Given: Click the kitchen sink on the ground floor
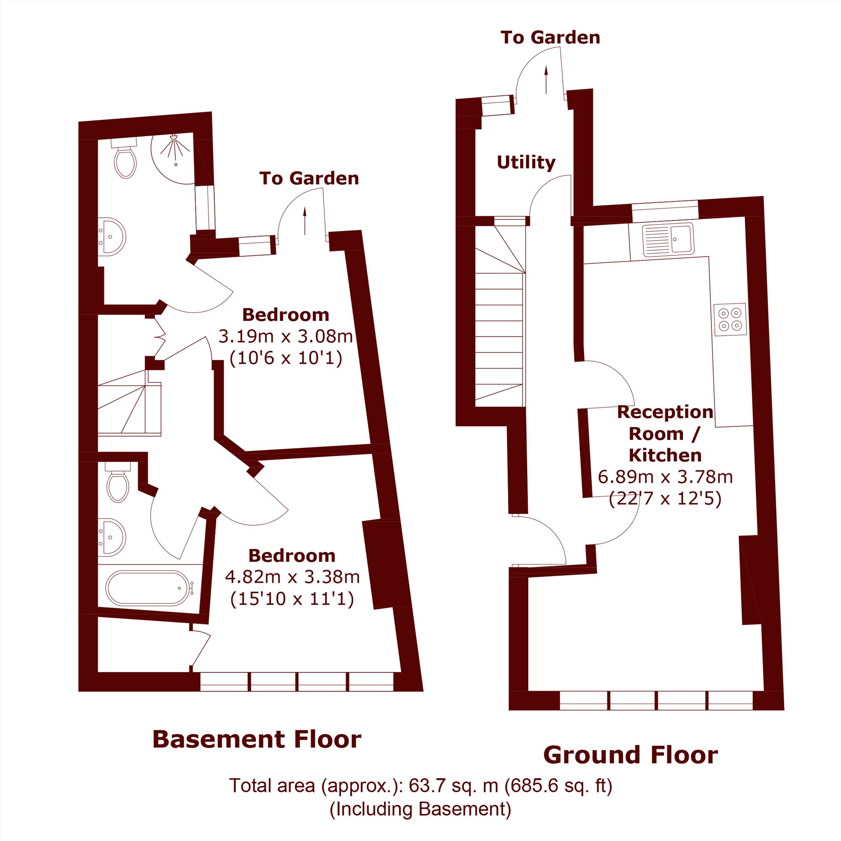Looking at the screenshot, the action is [x=668, y=240].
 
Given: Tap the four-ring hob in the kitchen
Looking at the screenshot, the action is [x=730, y=320].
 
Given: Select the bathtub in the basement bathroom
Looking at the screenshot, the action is [x=148, y=588].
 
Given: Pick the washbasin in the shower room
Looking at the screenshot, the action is [x=111, y=237].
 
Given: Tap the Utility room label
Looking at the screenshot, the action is [x=526, y=162].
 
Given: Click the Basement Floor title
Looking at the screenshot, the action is [x=257, y=740].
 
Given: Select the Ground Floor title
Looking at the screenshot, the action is [x=631, y=755].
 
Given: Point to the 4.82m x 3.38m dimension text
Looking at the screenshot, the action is [x=293, y=577].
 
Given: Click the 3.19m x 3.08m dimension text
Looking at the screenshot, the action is [x=286, y=336].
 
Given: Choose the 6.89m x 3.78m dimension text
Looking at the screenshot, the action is [x=666, y=477].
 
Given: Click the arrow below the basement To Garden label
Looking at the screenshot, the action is [x=305, y=221].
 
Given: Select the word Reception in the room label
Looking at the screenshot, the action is [x=665, y=412].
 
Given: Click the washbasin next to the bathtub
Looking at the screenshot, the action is [x=111, y=537].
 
